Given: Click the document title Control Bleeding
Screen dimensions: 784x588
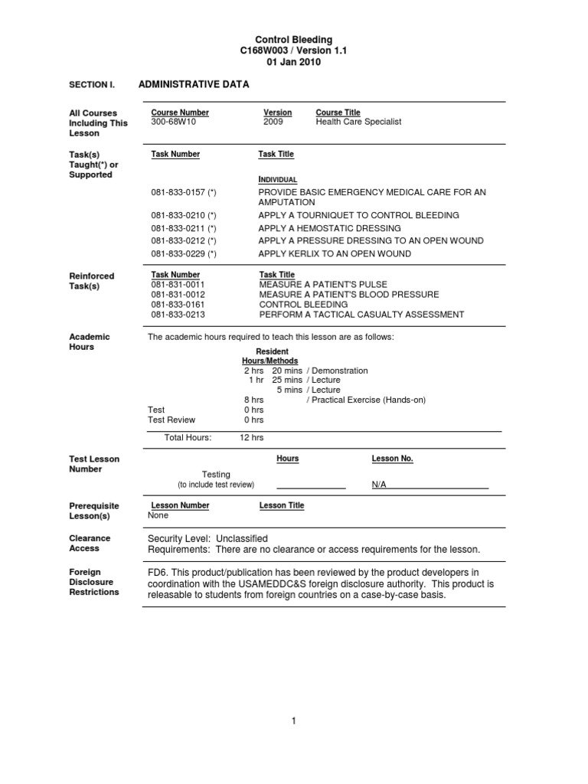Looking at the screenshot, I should tap(293, 39).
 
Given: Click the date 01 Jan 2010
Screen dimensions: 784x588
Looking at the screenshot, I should tap(293, 62).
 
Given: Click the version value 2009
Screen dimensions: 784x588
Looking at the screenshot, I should tap(273, 122).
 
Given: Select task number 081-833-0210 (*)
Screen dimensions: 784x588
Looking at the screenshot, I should tap(184, 216).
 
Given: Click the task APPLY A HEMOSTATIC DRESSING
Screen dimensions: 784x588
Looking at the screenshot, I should tap(329, 228).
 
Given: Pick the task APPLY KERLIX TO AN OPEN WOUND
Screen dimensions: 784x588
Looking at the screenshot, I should tap(335, 253).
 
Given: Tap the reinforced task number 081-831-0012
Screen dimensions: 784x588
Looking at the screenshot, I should tap(178, 295).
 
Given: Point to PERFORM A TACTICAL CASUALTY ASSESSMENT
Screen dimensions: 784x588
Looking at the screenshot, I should tap(361, 315).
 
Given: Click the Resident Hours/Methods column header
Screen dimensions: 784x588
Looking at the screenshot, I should tap(270, 356).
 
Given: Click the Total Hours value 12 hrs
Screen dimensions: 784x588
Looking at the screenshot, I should tap(251, 437).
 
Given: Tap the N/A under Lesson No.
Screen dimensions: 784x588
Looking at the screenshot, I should tap(379, 485).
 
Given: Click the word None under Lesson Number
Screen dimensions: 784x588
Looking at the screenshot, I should tap(158, 515).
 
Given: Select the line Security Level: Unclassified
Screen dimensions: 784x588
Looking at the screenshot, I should tap(207, 538).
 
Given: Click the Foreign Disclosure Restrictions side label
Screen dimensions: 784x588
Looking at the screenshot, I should tap(94, 582).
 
